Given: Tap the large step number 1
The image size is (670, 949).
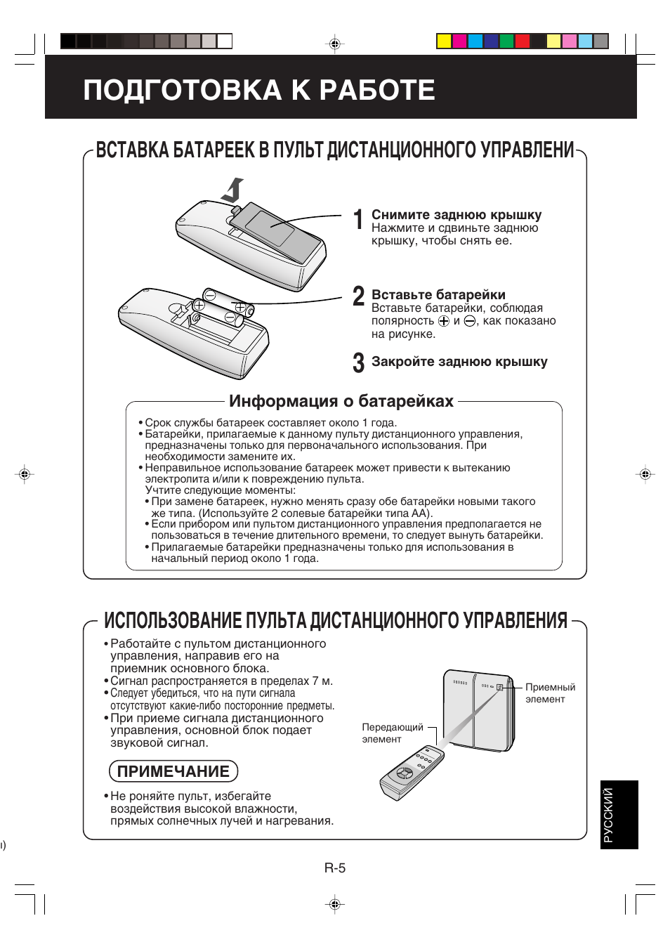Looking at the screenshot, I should (x=358, y=219).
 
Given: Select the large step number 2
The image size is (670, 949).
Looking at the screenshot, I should (x=358, y=296).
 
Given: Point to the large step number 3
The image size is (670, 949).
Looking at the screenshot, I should (x=358, y=362).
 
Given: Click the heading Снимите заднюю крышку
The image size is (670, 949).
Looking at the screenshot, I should (x=456, y=215).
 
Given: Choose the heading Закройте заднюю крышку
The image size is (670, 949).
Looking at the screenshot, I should (x=459, y=362).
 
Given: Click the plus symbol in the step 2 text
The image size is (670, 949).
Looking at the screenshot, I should (x=443, y=321).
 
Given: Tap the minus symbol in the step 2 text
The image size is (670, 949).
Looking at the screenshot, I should (x=470, y=321).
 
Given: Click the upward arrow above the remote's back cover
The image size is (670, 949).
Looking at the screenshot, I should (x=234, y=190).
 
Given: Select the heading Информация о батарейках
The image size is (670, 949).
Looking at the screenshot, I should (x=341, y=401).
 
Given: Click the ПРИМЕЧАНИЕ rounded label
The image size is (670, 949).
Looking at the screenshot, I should (x=173, y=771).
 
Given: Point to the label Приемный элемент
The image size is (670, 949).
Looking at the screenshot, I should (x=549, y=693).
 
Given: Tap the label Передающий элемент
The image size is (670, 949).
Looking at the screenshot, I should (x=392, y=733).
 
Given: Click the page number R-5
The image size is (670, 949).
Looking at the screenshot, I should (x=335, y=868).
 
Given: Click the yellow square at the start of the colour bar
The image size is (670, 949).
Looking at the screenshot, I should (x=444, y=41).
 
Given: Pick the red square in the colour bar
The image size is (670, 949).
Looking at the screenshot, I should (x=522, y=41).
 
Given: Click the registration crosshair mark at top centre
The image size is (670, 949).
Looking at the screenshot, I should (x=335, y=44).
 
